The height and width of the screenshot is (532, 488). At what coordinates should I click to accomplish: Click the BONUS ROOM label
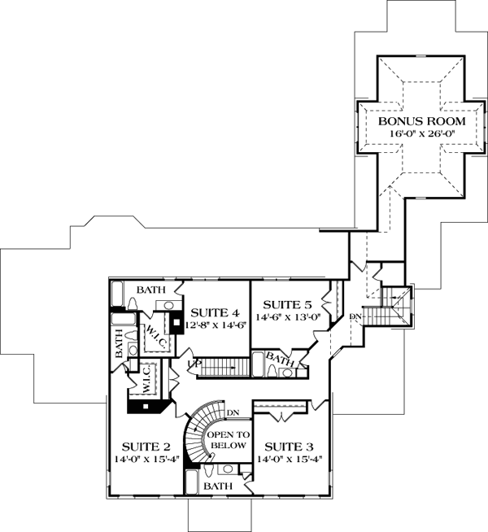(422, 121)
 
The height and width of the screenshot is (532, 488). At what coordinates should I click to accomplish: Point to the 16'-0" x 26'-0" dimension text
(422, 133)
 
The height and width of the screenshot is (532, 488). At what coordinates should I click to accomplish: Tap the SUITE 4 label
(216, 312)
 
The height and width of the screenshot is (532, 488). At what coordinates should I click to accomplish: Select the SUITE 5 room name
(287, 305)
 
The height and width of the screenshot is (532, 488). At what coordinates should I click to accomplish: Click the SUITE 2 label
(146, 447)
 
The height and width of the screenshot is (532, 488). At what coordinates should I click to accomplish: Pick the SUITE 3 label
(289, 447)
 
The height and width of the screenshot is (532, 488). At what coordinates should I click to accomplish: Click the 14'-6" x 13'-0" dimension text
(288, 317)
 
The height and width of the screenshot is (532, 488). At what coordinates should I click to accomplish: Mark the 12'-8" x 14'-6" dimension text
(215, 325)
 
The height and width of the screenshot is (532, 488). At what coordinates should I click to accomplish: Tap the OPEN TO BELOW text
(229, 440)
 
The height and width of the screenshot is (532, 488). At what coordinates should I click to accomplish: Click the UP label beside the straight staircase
(193, 364)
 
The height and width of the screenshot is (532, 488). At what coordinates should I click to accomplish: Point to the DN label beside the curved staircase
(233, 413)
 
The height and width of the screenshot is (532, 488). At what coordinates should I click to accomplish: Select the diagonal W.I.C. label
(157, 337)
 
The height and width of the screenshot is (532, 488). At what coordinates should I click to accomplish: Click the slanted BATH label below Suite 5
(280, 360)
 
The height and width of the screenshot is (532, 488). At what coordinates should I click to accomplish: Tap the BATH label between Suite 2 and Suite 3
(218, 486)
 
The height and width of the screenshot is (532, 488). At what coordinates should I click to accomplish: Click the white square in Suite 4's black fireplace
(176, 322)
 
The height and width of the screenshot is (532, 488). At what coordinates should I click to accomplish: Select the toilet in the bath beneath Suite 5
(272, 370)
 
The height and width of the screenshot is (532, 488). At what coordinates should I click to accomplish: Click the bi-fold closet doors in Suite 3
(281, 416)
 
